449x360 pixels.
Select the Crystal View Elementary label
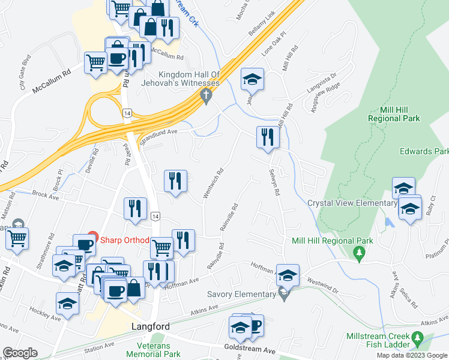(x=352, y=203)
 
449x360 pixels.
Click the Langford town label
(x=150, y=327)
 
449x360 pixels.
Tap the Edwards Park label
(x=424, y=152)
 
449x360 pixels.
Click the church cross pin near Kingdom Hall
(x=206, y=95)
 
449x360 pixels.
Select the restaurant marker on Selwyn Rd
(x=266, y=137)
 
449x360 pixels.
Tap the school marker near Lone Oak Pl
(x=253, y=79)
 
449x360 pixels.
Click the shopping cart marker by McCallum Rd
(x=95, y=62)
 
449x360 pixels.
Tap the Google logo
(x=20, y=353)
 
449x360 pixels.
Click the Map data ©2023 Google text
(x=411, y=355)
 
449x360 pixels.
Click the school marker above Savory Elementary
(x=288, y=274)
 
